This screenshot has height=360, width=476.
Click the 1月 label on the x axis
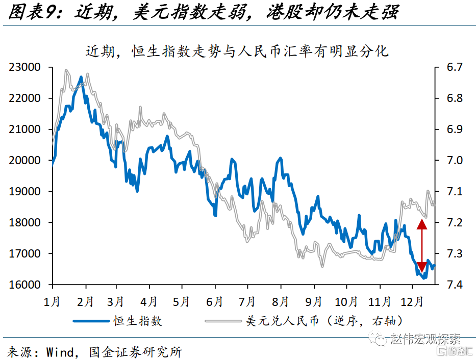click(x=53, y=301)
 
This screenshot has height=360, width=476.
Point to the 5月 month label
click(x=182, y=301)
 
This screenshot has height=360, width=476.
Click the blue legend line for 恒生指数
click(x=92, y=321)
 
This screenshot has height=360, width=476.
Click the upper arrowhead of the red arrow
click(x=422, y=223)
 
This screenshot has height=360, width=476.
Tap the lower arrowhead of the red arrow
click(x=422, y=267)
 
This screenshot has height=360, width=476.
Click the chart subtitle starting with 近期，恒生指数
click(x=237, y=51)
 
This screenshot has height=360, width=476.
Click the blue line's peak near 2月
click(x=81, y=78)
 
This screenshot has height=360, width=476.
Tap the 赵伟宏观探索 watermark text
click(x=424, y=339)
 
